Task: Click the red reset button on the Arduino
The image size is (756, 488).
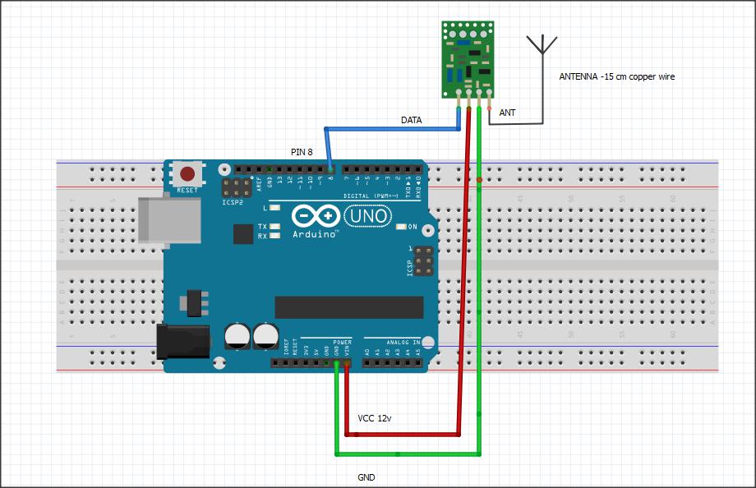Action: pyautogui.click(x=188, y=174)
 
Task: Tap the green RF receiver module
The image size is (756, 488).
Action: pyautogui.click(x=468, y=58)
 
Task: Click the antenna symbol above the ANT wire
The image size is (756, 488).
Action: pyautogui.click(x=542, y=45)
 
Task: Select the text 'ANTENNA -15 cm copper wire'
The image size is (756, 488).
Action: pyautogui.click(x=616, y=76)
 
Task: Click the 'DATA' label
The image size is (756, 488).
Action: pyautogui.click(x=411, y=120)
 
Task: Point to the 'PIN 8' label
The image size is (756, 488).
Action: pyautogui.click(x=302, y=152)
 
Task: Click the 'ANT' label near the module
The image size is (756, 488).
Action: pyautogui.click(x=507, y=113)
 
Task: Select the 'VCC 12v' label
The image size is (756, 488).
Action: pyautogui.click(x=375, y=419)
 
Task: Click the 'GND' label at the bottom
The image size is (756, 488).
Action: pyautogui.click(x=366, y=477)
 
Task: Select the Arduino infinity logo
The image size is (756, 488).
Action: pyautogui.click(x=316, y=216)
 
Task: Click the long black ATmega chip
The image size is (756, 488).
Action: pyautogui.click(x=348, y=306)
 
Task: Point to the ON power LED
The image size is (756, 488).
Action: pyautogui.click(x=402, y=227)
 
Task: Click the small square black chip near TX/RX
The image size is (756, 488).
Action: pyautogui.click(x=242, y=234)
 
